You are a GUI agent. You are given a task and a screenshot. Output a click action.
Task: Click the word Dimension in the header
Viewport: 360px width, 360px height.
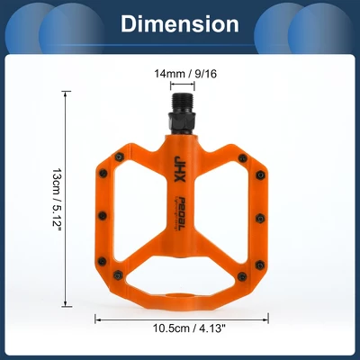[180, 24]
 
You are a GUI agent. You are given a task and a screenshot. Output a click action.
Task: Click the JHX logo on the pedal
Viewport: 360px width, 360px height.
[178, 166]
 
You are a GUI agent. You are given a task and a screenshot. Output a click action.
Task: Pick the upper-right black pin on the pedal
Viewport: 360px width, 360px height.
[241, 157]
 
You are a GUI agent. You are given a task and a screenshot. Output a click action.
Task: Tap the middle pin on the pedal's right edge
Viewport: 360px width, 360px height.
[259, 215]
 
